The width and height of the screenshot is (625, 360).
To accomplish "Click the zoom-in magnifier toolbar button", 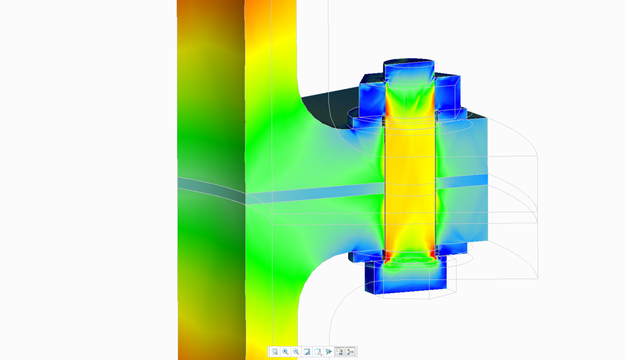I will coord(285,352).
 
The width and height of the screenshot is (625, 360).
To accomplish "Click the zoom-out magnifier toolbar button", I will coord(296,352).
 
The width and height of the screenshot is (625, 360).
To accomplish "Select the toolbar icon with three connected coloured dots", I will coord(351,352).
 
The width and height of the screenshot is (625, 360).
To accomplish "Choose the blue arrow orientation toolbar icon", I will coord(329,352).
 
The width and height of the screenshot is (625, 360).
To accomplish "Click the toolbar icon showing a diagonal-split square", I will coord(307,352).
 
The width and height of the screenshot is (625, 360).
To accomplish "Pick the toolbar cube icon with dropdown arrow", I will coord(318,352).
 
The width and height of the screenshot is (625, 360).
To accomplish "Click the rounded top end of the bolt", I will coord(409,63).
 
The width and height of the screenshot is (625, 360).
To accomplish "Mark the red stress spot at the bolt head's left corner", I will coord(387,256).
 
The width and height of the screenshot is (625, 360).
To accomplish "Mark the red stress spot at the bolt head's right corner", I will coord(434,255).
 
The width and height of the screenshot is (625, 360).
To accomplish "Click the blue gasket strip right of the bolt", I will coord(462,180).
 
